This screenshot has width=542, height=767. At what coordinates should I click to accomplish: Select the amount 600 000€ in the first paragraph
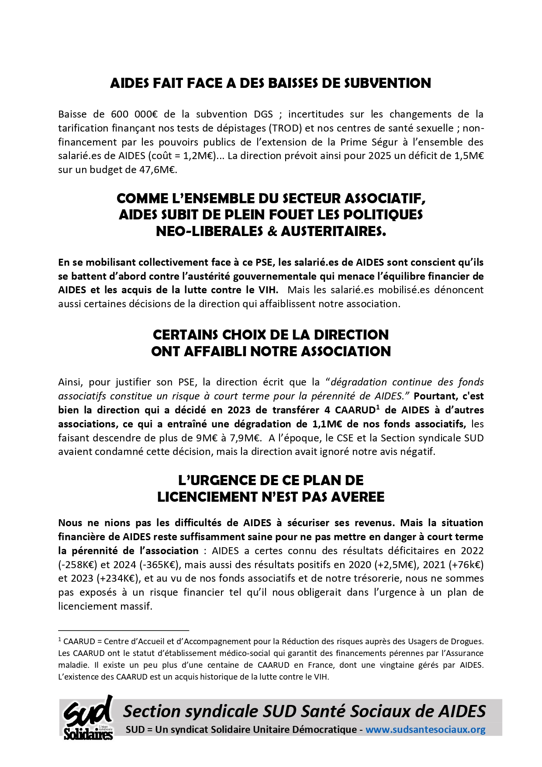tap(134, 115)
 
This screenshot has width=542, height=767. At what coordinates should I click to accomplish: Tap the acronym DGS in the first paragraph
tap(263, 115)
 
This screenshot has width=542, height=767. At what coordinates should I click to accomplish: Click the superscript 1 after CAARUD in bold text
tap(377, 408)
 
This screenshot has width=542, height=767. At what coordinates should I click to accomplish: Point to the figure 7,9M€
tap(247, 438)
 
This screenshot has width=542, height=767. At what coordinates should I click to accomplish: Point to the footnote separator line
tap(123, 631)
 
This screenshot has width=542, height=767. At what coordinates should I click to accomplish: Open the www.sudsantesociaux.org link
tap(425, 729)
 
